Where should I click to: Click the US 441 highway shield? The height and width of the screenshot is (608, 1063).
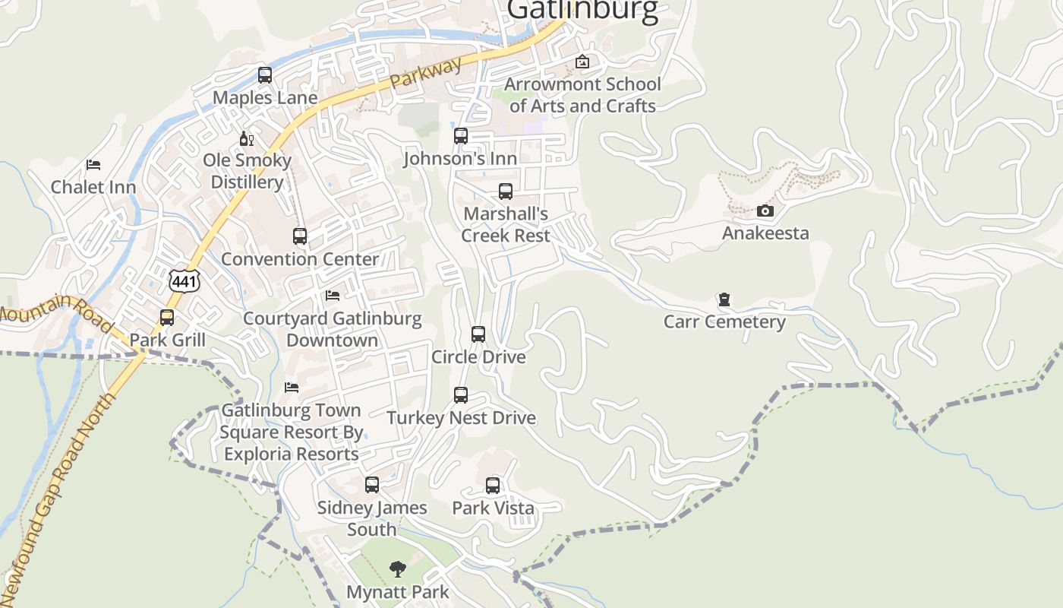point(185,280)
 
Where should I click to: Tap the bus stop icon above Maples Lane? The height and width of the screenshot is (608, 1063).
point(265,75)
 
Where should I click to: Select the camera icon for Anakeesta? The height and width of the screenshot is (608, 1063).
point(765,211)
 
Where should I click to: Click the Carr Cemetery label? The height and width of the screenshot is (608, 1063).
point(724,321)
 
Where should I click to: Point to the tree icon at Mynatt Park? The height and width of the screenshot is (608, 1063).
point(397,568)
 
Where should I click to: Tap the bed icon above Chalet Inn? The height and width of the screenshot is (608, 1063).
point(93,164)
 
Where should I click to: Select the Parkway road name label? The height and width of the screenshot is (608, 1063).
point(426,73)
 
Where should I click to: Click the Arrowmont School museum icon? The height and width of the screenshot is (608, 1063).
point(582,62)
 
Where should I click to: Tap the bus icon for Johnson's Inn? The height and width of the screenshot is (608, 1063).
point(461,136)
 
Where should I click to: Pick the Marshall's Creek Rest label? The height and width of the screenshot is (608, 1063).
point(506,224)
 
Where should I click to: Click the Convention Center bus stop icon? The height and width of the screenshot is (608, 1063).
point(300,236)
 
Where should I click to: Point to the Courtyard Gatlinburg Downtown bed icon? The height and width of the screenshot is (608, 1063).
point(332,295)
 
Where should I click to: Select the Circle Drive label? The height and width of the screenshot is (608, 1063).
point(478,356)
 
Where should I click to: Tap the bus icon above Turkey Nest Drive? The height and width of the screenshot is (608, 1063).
point(461,395)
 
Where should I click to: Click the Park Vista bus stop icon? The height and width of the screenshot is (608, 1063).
point(493,485)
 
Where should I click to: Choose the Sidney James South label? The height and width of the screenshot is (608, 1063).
point(372,518)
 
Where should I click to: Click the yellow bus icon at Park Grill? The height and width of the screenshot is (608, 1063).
point(167,318)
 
